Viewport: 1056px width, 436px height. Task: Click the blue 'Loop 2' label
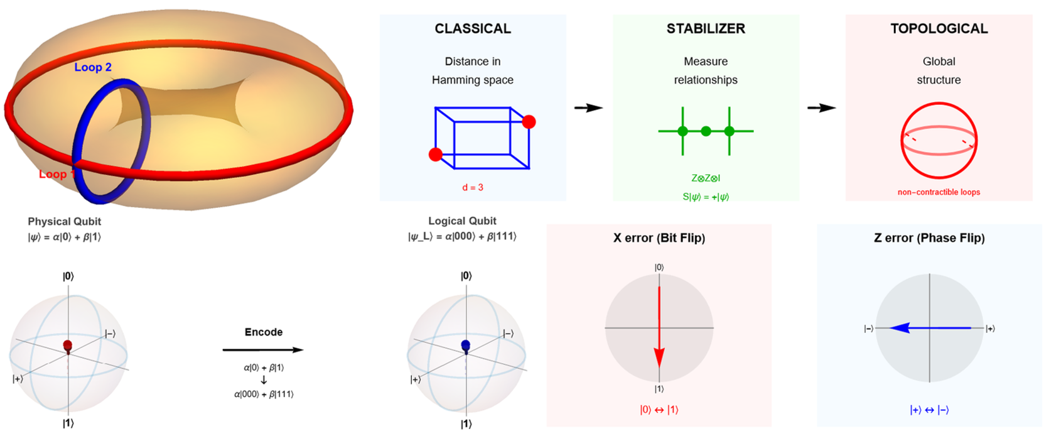click(93, 67)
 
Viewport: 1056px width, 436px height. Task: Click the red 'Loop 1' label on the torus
click(57, 174)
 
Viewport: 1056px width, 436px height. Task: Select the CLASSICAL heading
click(473, 29)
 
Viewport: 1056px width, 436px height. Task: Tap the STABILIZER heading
click(706, 29)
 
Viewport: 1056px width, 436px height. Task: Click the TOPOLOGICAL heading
click(939, 29)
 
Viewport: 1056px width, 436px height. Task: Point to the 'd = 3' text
click(473, 187)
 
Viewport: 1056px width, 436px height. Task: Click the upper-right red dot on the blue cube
click(529, 122)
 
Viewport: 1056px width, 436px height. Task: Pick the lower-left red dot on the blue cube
click(436, 155)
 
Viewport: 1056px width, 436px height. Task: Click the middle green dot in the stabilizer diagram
click(706, 131)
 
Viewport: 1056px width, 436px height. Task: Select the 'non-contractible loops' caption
click(939, 192)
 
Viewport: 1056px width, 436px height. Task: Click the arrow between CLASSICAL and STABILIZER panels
click(589, 108)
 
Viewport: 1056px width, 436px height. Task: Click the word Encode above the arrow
click(264, 332)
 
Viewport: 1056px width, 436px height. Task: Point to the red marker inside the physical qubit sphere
click(68, 346)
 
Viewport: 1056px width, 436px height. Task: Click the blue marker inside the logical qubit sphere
click(465, 346)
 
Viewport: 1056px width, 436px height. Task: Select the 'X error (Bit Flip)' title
click(659, 238)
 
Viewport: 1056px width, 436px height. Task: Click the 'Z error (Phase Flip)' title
click(929, 238)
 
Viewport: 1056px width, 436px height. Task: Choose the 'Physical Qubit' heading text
click(64, 222)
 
